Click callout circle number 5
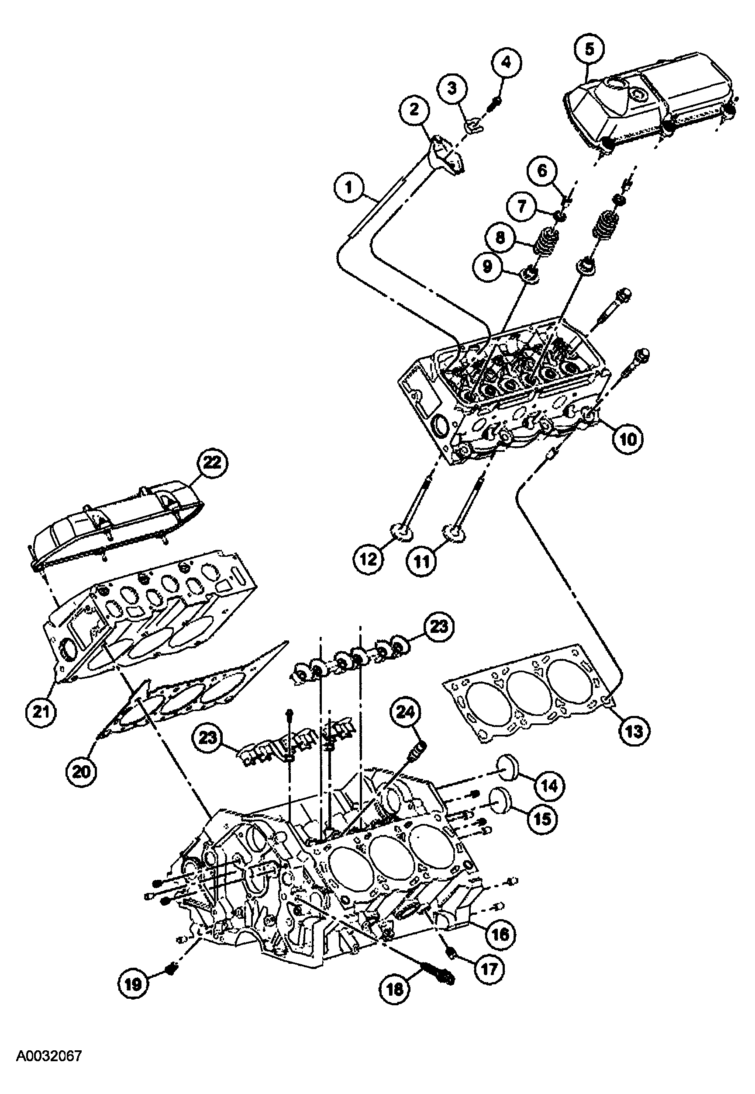click(589, 49)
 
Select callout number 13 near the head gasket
click(634, 731)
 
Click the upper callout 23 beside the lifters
click(438, 627)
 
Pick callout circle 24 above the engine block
click(405, 712)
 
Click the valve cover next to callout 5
click(653, 102)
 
